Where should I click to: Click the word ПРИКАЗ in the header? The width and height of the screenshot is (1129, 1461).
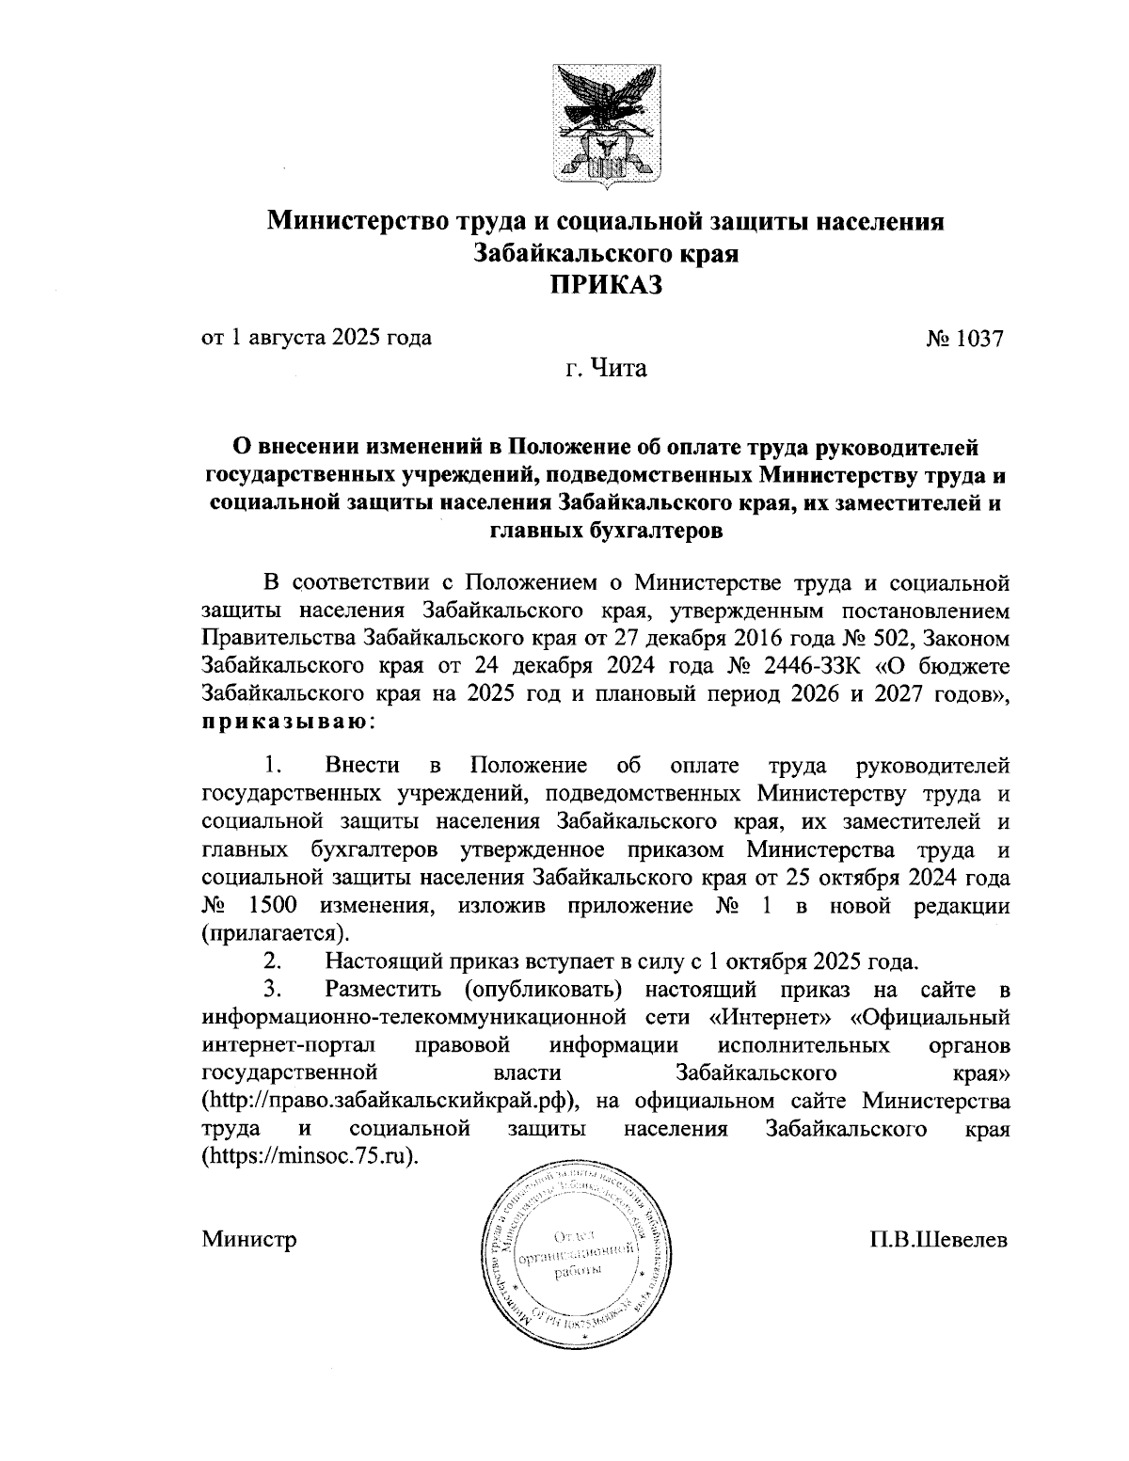click(x=606, y=284)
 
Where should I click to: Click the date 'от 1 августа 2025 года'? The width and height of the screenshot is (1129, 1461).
click(x=317, y=337)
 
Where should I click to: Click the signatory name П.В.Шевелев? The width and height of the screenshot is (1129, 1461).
click(x=938, y=1239)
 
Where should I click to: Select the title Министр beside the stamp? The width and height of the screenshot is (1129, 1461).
click(x=249, y=1239)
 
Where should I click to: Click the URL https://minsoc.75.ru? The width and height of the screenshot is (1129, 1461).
click(x=310, y=1155)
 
